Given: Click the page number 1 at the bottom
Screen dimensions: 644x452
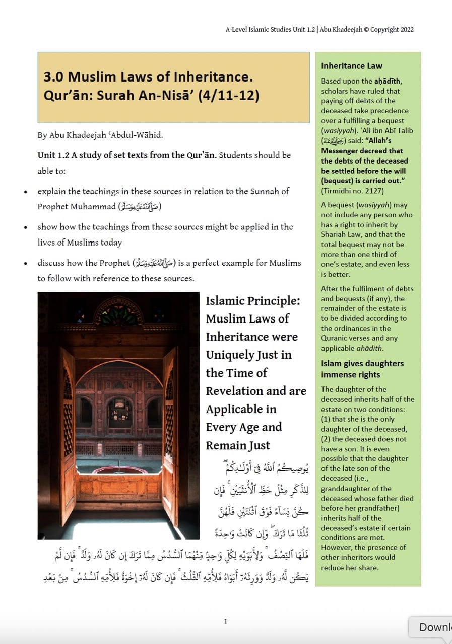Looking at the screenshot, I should (225, 621).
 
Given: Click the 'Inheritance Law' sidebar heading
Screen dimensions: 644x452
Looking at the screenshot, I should (351, 66).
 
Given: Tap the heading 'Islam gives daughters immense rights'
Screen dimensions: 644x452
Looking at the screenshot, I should (362, 369).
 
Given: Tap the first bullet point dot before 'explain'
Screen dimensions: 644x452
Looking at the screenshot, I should (26, 192).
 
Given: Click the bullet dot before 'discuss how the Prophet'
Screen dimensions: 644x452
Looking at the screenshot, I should (26, 263).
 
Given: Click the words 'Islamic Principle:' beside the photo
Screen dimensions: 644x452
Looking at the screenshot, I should (252, 301).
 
